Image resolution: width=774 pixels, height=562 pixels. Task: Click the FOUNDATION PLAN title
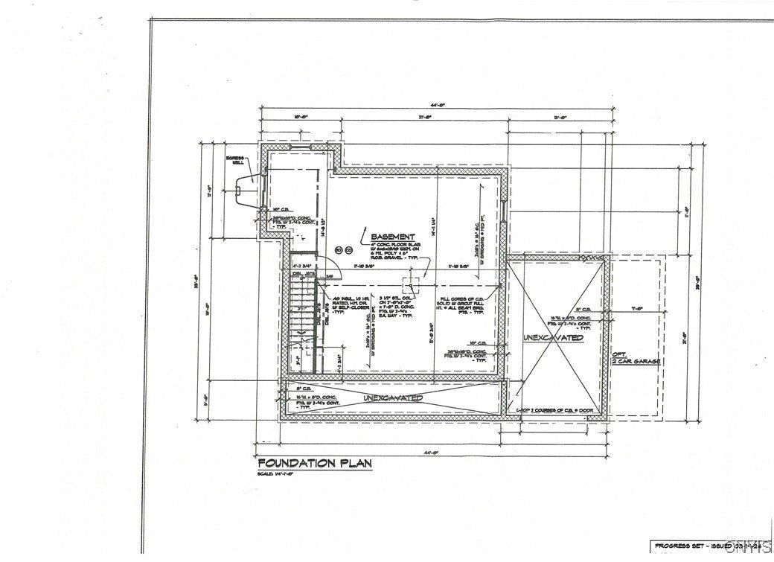[313, 463]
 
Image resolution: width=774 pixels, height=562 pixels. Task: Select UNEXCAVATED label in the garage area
[551, 338]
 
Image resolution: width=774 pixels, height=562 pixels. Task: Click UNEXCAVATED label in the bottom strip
[393, 398]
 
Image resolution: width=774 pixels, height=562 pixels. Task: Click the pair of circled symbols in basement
[342, 250]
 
